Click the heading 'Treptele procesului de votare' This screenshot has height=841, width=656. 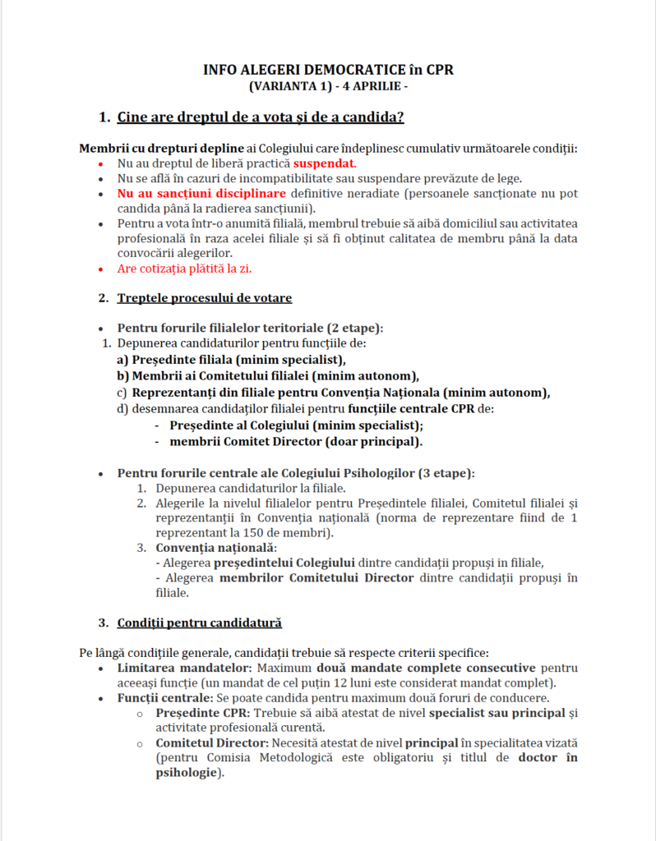click(x=205, y=297)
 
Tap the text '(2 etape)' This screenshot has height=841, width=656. click(x=355, y=328)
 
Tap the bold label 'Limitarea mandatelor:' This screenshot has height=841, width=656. click(x=170, y=668)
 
